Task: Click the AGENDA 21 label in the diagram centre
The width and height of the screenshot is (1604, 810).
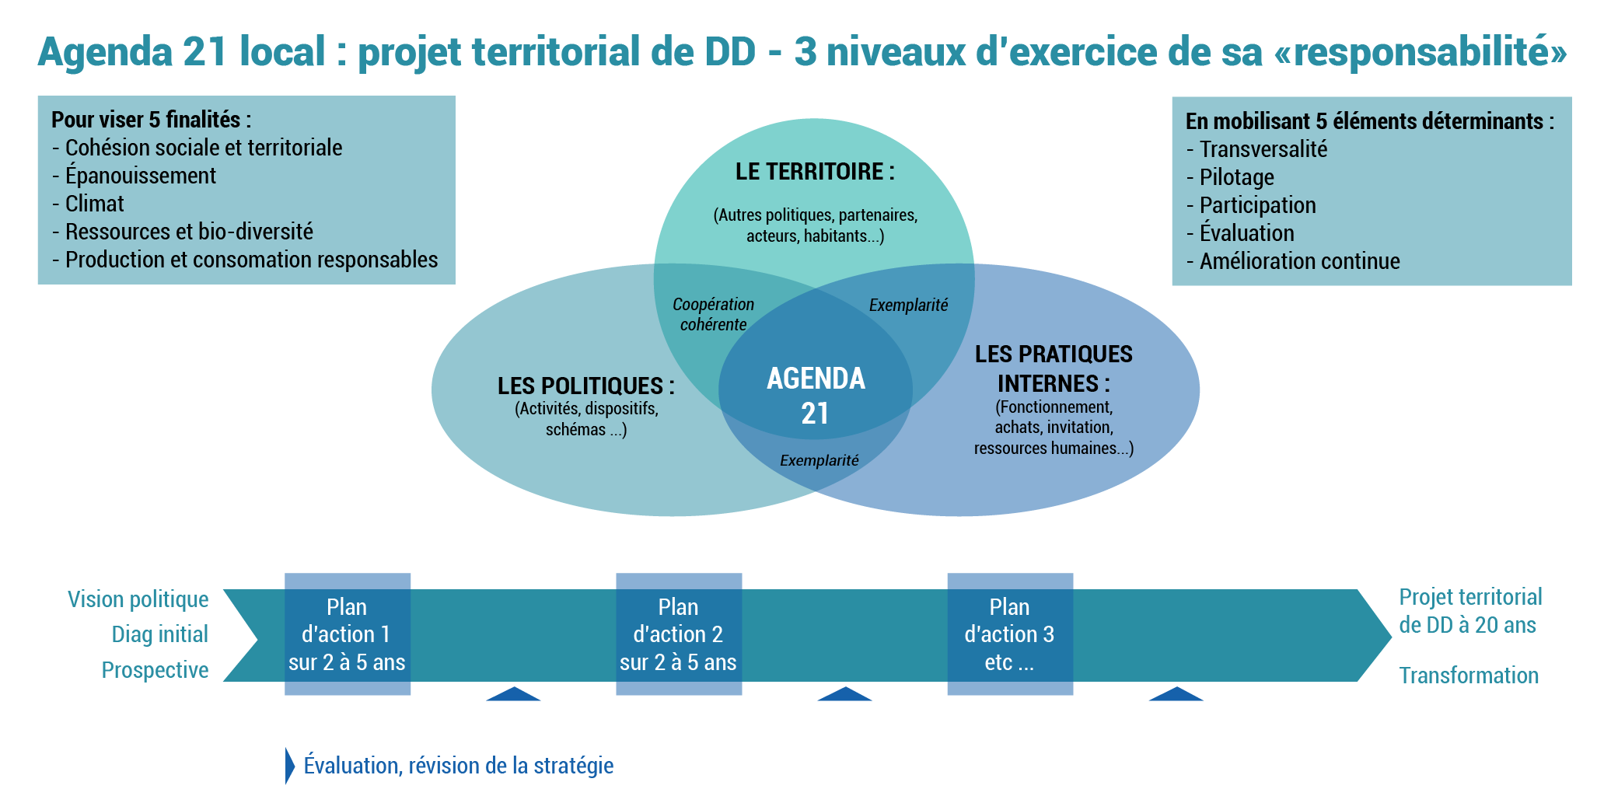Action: click(x=816, y=396)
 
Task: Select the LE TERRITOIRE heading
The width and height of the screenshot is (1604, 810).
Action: click(x=815, y=172)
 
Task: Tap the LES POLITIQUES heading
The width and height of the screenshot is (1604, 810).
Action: click(x=586, y=386)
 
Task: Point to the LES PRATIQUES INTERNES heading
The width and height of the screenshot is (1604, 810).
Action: click(x=1054, y=368)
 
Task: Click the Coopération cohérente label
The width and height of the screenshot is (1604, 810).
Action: click(x=713, y=314)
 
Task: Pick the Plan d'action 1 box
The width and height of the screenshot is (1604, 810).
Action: click(x=348, y=634)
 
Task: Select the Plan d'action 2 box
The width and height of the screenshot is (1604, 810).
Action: click(x=679, y=634)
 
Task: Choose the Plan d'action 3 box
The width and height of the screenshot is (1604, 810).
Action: click(x=1010, y=634)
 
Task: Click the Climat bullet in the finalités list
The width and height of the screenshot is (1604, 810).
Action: click(x=88, y=204)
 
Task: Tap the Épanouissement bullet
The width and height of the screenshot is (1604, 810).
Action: click(x=134, y=176)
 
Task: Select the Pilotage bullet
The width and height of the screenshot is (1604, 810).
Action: click(x=1230, y=177)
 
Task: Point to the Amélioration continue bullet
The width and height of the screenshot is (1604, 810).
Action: click(x=1293, y=261)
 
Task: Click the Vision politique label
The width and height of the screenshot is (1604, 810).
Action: click(x=138, y=599)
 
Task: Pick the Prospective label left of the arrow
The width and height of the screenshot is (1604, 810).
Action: click(x=156, y=670)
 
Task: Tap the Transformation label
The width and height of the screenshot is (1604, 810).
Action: click(x=1469, y=676)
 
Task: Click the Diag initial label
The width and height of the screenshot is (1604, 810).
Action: click(x=160, y=634)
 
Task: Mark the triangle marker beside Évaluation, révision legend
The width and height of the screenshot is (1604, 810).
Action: click(x=290, y=766)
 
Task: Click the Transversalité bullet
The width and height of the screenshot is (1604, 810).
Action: click(x=1257, y=149)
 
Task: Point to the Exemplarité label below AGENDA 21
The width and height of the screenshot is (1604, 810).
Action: click(x=819, y=461)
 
